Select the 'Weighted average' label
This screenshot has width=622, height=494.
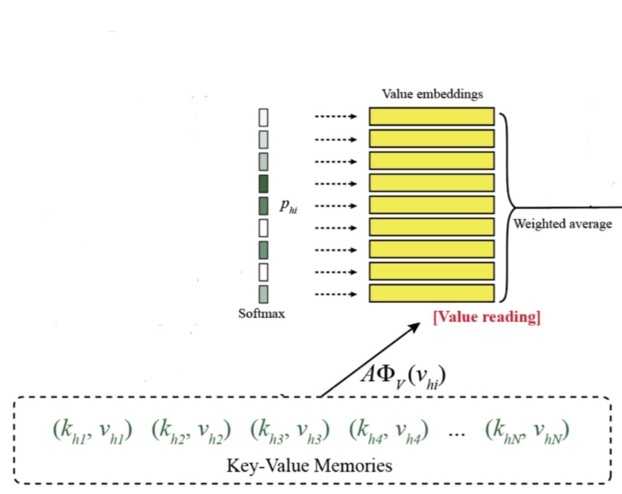(x=563, y=224)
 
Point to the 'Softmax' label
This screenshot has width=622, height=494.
(x=261, y=314)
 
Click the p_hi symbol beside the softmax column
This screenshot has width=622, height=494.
(x=289, y=206)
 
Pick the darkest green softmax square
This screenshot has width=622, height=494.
(x=263, y=184)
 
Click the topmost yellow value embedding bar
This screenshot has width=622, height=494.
(x=431, y=116)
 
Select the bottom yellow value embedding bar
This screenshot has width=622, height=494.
(x=431, y=293)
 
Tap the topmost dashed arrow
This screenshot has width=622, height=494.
(x=336, y=117)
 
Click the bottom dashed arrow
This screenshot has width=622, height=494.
(x=336, y=294)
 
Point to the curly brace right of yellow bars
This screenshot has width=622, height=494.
(x=506, y=207)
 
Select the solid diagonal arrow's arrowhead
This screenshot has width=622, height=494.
(x=416, y=327)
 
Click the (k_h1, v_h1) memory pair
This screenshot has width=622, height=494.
(x=93, y=431)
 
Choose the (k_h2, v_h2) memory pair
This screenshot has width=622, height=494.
(x=191, y=431)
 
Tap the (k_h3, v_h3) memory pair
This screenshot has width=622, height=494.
(x=290, y=431)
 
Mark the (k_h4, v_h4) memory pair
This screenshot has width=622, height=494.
(x=388, y=431)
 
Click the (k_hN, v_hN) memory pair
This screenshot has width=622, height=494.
(x=527, y=431)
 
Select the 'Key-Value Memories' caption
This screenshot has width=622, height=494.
(x=309, y=465)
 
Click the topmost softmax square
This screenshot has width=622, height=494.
(x=263, y=117)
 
